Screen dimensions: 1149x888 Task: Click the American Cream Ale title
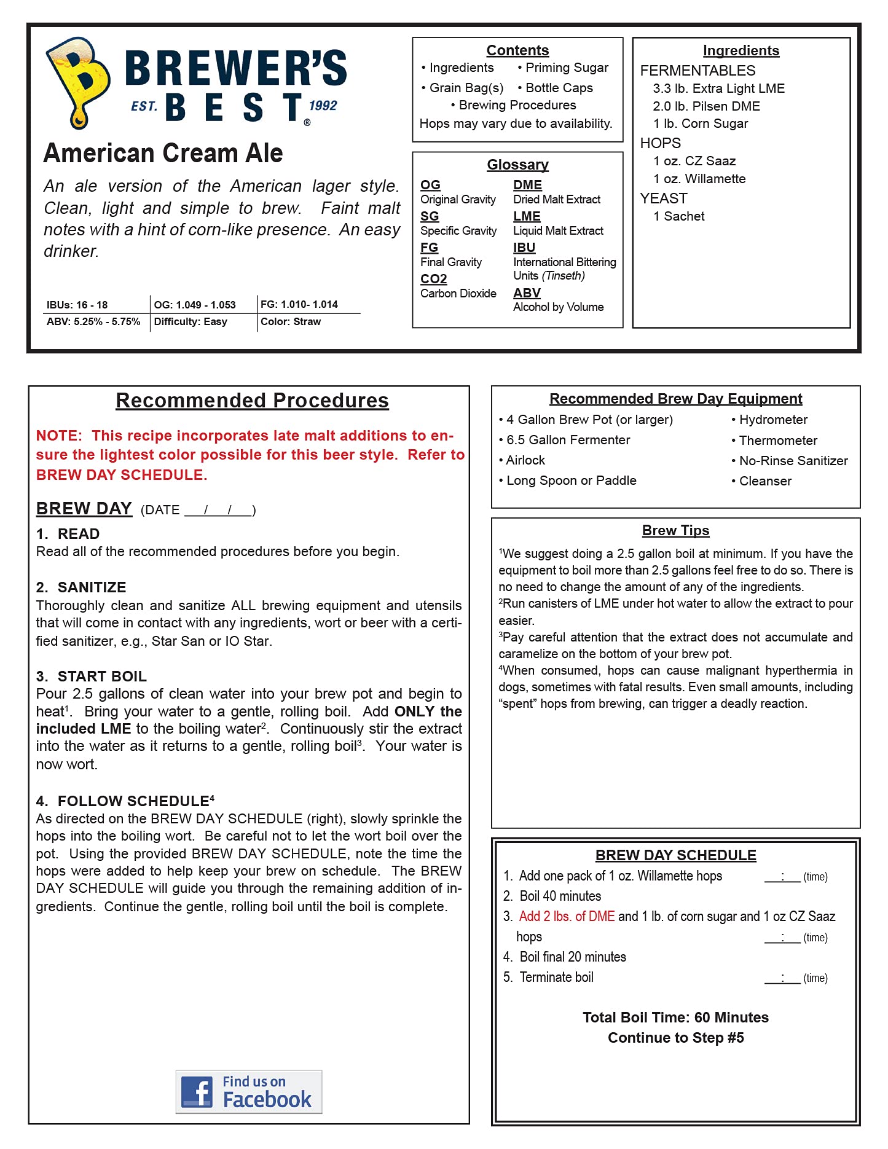tap(163, 153)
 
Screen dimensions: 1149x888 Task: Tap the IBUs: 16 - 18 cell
tap(77, 305)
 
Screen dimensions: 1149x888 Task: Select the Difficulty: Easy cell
tap(191, 321)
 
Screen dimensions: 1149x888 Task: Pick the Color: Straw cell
tap(291, 321)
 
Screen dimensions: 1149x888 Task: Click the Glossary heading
tap(517, 165)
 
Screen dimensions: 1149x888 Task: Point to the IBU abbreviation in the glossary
tap(524, 248)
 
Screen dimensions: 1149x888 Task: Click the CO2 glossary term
tap(433, 279)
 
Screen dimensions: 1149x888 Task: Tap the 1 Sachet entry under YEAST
tap(679, 216)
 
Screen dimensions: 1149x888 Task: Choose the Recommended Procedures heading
tap(252, 401)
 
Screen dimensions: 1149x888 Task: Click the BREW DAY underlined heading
tap(84, 509)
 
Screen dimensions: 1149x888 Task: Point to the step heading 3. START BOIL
tap(92, 676)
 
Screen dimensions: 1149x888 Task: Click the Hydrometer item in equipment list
tap(772, 420)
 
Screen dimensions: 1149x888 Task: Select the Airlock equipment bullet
tap(525, 460)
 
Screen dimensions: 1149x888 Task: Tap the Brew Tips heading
tap(675, 530)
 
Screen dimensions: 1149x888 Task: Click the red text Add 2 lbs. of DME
tap(567, 916)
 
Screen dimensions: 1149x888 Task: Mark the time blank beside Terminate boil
tap(782, 978)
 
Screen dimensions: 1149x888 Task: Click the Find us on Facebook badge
tap(249, 1092)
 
